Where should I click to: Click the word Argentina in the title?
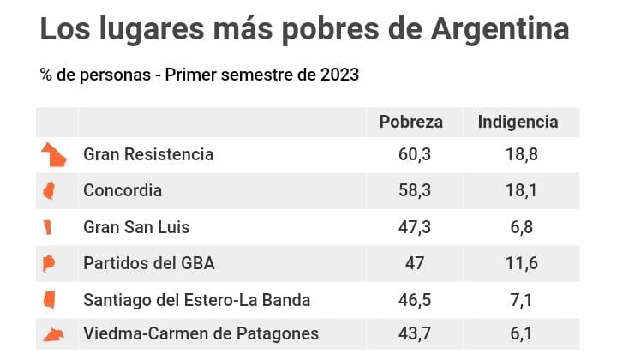(500, 30)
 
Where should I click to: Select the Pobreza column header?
(410, 122)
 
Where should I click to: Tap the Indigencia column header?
(518, 122)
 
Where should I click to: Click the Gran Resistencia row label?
(148, 155)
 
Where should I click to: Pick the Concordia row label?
(123, 191)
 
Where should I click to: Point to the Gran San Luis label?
(136, 227)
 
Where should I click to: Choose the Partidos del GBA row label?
(149, 263)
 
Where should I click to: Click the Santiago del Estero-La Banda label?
(196, 300)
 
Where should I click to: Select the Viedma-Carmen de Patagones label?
(201, 334)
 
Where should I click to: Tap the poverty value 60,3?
(415, 155)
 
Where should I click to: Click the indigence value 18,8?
(521, 155)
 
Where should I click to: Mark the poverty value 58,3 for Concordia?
(415, 191)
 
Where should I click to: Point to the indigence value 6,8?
(521, 227)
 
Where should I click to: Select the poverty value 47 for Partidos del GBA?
(415, 263)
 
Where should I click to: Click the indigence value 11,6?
(521, 263)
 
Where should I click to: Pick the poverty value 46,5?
(415, 300)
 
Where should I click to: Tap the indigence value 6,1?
(521, 334)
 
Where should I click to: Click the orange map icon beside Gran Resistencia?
(54, 155)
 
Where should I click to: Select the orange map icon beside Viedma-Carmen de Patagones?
(55, 334)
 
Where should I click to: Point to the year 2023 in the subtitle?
(340, 75)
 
